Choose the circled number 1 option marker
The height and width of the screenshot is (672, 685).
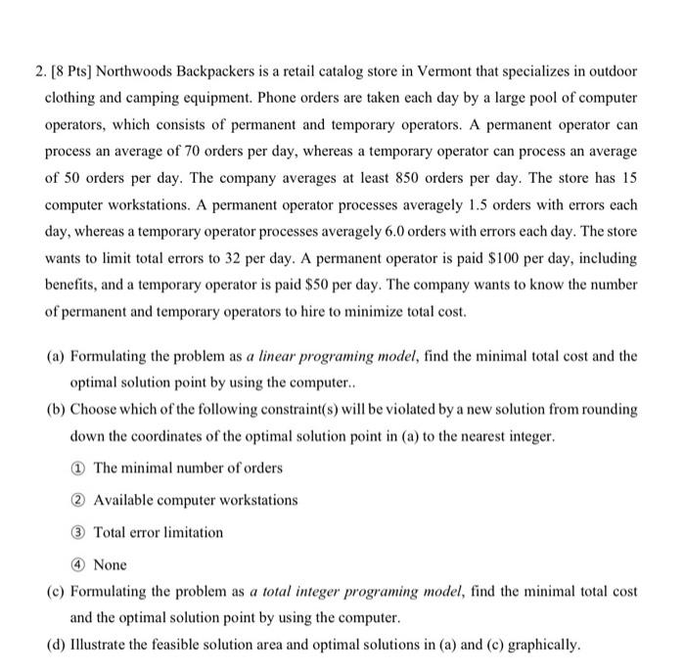(77, 469)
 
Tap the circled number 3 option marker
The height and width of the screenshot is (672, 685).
(77, 533)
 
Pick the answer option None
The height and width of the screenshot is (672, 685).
(110, 564)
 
